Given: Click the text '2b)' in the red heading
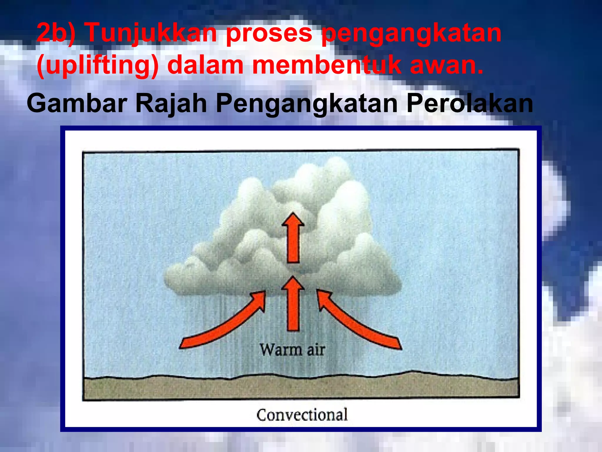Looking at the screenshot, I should (x=56, y=33).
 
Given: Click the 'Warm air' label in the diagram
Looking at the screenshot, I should (x=292, y=350).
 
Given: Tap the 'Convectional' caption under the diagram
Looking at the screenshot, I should (x=302, y=415).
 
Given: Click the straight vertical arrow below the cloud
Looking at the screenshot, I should (x=293, y=305).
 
